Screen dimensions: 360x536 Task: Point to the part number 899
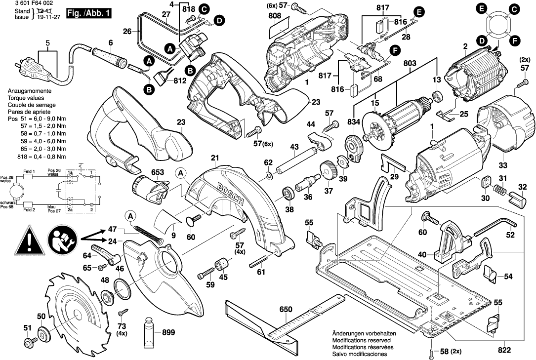point(168,333)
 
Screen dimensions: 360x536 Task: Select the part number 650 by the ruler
point(286,310)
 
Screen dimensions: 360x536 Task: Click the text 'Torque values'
point(25,98)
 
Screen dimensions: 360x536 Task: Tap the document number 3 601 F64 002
point(25,3)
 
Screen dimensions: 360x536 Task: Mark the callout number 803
point(410,64)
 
